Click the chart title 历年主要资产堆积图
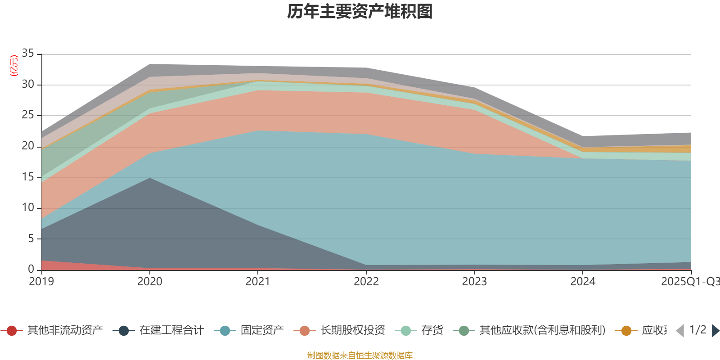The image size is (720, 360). pos(360,12)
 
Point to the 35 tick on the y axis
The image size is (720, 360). pos(28,54)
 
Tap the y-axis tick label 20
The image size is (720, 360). pos(28,146)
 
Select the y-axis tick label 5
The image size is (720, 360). pos(31,238)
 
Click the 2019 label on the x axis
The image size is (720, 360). pos(41,282)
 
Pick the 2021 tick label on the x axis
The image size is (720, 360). pos(258,282)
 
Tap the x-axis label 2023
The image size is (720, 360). pos(474,282)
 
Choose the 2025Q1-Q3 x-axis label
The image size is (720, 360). pos(690,282)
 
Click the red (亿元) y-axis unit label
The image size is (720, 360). pos(14,66)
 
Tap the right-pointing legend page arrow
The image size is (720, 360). pos(715,331)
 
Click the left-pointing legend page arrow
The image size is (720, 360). pos(680,331)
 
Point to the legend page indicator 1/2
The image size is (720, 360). pos(697,330)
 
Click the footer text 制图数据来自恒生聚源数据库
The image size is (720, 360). pos(360,355)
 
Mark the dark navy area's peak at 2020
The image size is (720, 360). pos(150,179)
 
